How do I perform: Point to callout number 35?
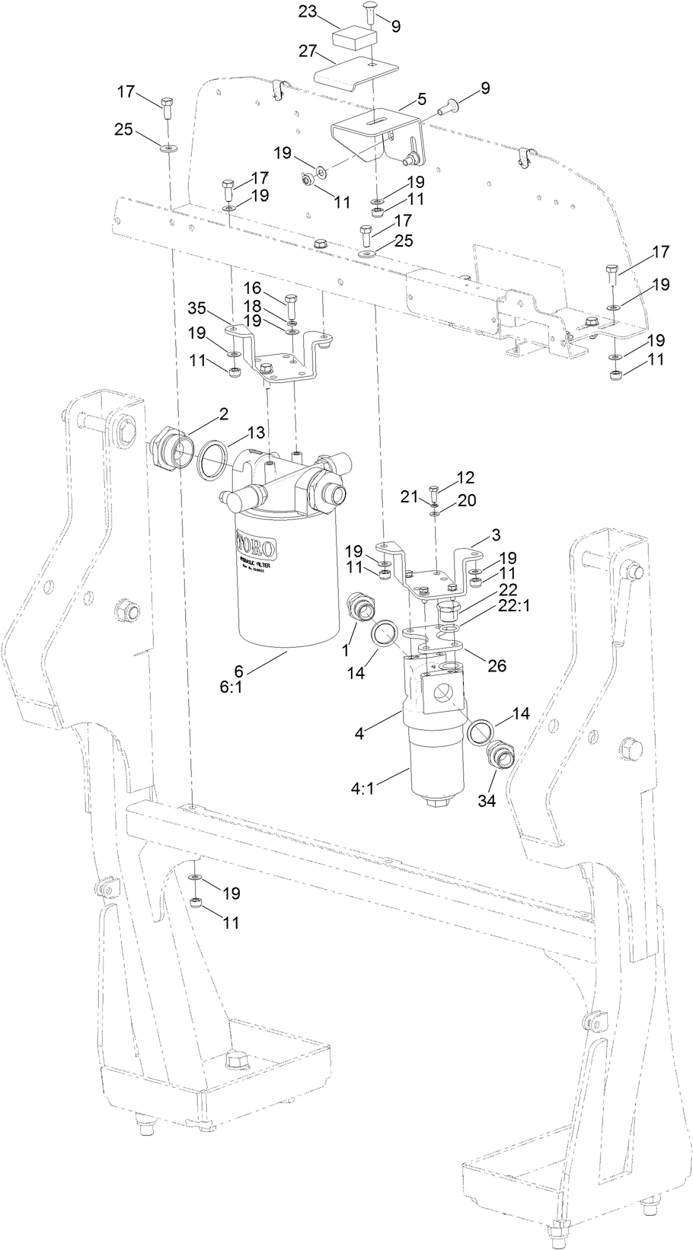coord(198,308)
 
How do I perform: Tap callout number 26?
coord(497,665)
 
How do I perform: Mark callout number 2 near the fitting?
coord(224,414)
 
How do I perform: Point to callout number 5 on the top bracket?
coord(422,100)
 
